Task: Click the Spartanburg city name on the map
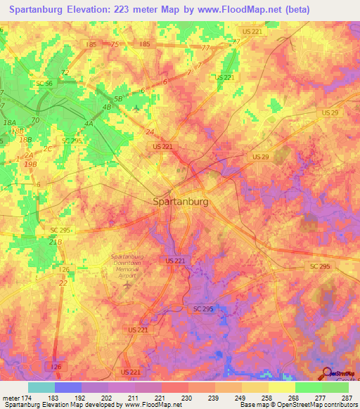(x=181, y=202)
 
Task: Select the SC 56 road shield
(x=44, y=84)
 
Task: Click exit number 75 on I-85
(x=115, y=44)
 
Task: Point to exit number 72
(x=65, y=72)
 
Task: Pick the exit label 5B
(x=118, y=99)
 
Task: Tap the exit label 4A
(x=89, y=124)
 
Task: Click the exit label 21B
(x=56, y=241)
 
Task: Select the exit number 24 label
(x=150, y=131)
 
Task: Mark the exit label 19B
(x=30, y=164)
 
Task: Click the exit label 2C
(x=48, y=148)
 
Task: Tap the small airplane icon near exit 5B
(x=136, y=108)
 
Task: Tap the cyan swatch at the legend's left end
(x=41, y=387)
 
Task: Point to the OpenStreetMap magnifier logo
(x=326, y=373)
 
